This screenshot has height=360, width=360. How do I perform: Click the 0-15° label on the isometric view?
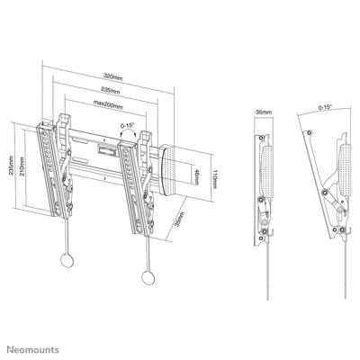pyautogui.click(x=130, y=125)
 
